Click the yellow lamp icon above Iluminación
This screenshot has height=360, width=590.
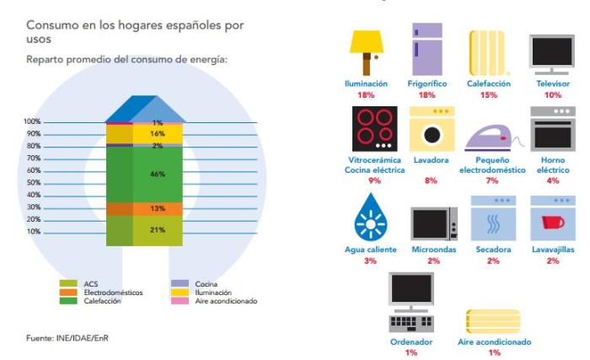pyautogui.click(x=366, y=50)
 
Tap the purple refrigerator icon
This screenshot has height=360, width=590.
pyautogui.click(x=426, y=50)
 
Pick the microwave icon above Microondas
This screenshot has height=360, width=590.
pyautogui.click(x=434, y=223)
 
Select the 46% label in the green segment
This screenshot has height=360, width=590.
pyautogui.click(x=157, y=174)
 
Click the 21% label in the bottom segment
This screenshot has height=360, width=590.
pyautogui.click(x=157, y=229)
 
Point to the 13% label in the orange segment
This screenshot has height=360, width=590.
pyautogui.click(x=157, y=208)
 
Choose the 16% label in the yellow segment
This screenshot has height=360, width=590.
pyautogui.click(x=157, y=133)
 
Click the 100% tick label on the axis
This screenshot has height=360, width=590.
pyautogui.click(x=32, y=122)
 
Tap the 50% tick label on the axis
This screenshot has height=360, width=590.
pyautogui.click(x=34, y=182)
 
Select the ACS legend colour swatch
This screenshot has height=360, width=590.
pyautogui.click(x=68, y=284)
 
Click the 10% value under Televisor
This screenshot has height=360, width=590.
pyautogui.click(x=552, y=95)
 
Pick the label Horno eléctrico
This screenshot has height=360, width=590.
pyautogui.click(x=553, y=164)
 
